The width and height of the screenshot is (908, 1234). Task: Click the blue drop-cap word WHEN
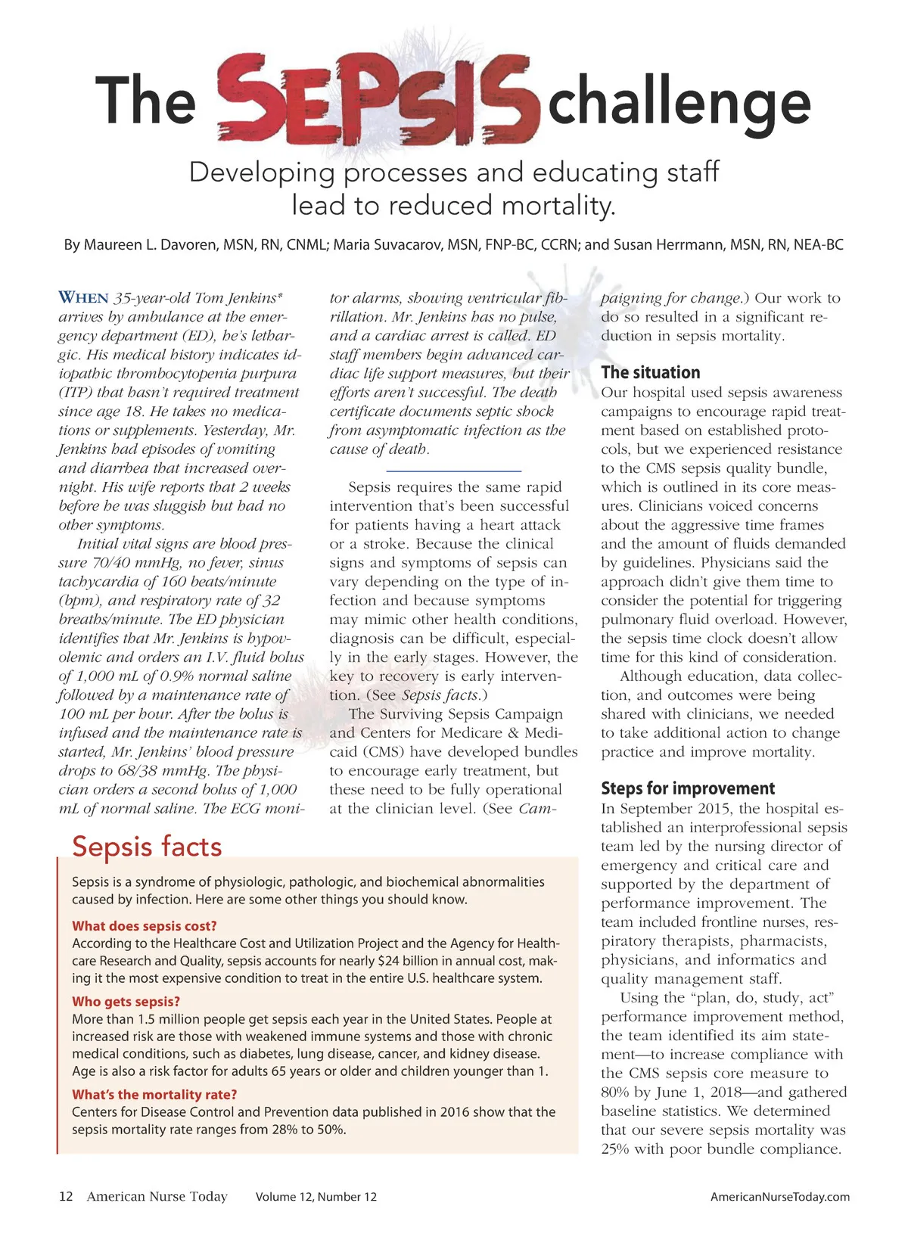click(x=84, y=298)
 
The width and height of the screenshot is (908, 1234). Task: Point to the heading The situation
click(x=650, y=372)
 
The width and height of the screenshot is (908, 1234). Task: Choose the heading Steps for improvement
click(x=688, y=788)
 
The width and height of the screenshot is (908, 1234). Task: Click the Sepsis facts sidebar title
click(x=147, y=847)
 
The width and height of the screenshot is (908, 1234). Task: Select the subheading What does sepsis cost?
click(x=145, y=926)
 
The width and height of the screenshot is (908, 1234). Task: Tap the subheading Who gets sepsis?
click(x=126, y=1002)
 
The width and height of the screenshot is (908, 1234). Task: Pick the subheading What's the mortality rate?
click(x=154, y=1095)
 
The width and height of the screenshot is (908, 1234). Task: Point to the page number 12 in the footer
click(x=66, y=1197)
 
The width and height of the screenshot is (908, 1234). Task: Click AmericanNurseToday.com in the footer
click(x=779, y=1197)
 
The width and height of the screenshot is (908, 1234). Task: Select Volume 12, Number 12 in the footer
click(x=316, y=1197)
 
